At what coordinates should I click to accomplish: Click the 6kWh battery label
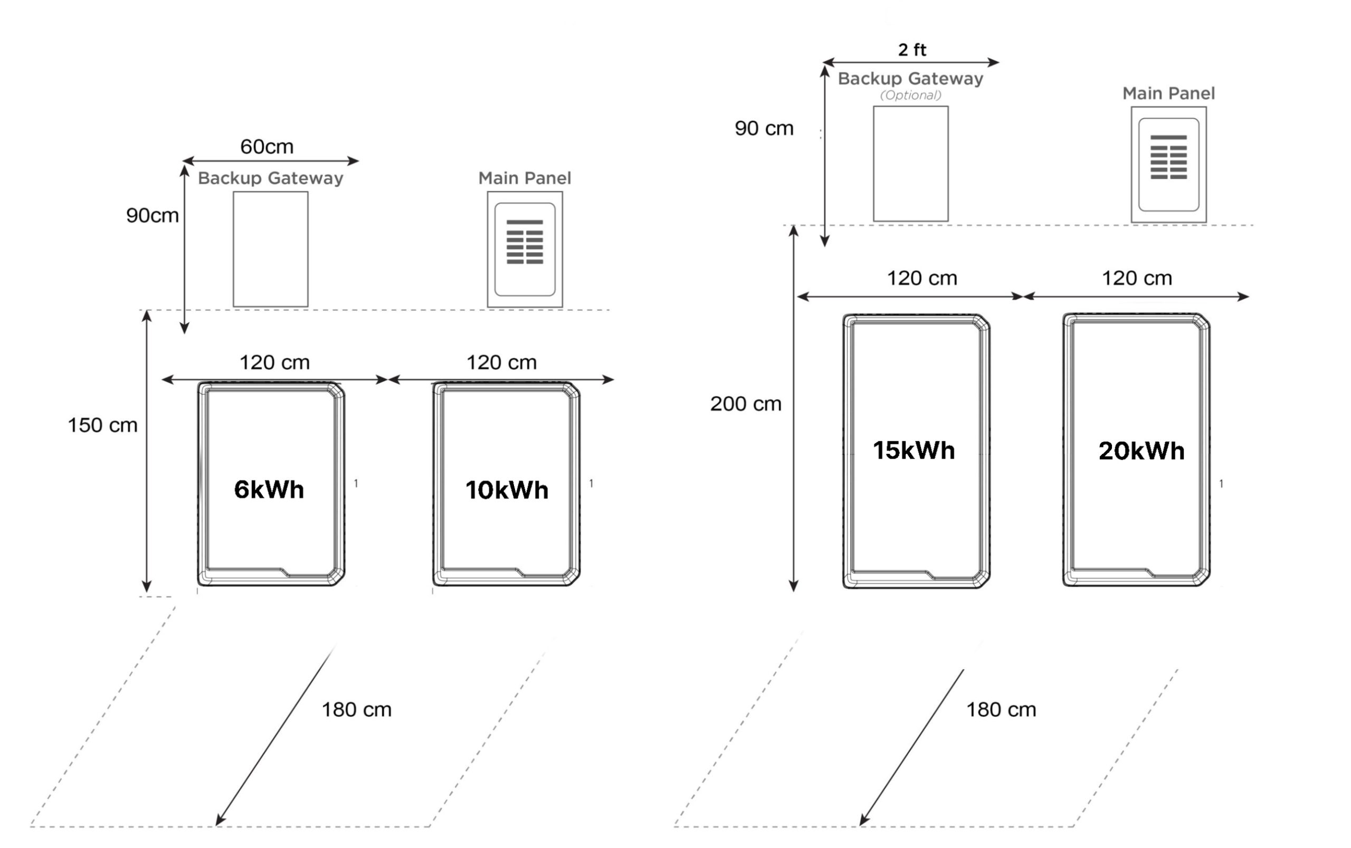click(269, 490)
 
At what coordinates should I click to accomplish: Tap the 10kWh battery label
click(507, 490)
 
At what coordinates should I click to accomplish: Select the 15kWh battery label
click(914, 450)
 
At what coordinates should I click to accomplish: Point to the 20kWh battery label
click(1141, 451)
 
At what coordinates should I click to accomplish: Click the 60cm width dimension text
click(267, 147)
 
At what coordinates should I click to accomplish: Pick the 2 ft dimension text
click(912, 50)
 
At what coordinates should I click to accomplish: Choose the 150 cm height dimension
click(102, 425)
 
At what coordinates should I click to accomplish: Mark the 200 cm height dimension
click(745, 404)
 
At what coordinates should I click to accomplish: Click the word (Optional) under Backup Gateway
click(911, 96)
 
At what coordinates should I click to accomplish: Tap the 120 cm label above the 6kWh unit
click(275, 363)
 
